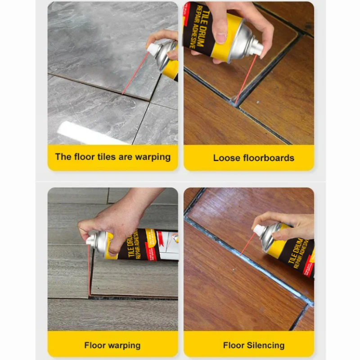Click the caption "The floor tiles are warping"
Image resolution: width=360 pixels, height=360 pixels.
pos(112,157)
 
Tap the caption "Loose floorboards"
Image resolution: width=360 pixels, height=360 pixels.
pos(253,158)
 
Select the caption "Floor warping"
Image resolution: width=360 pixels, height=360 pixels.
pos(112,346)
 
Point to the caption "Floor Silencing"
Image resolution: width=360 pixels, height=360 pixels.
pos(253,346)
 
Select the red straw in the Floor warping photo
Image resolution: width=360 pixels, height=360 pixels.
pos(89,270)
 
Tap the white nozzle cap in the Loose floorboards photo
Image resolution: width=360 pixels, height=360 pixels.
pos(255,46)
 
